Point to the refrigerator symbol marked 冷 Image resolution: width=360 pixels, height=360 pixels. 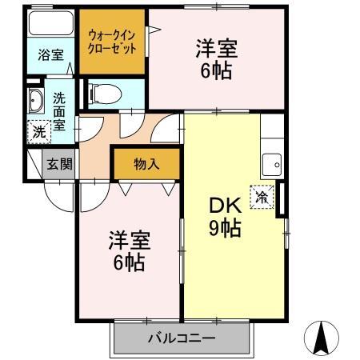(x=262, y=195)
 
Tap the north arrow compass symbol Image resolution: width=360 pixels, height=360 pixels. (x=322, y=337)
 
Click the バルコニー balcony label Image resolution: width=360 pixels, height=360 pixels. (x=181, y=338)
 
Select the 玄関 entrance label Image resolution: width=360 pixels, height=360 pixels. (x=58, y=165)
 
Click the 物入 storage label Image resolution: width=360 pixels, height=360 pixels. (x=146, y=164)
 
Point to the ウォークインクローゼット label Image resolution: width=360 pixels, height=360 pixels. (x=112, y=42)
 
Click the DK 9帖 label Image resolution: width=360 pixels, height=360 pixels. (x=225, y=216)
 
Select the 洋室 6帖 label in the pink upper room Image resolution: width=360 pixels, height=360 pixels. (x=215, y=60)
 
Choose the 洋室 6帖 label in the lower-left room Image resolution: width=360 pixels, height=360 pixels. (x=128, y=251)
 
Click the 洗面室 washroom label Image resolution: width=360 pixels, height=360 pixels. (x=59, y=111)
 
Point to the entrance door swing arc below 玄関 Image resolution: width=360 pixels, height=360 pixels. (x=58, y=194)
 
